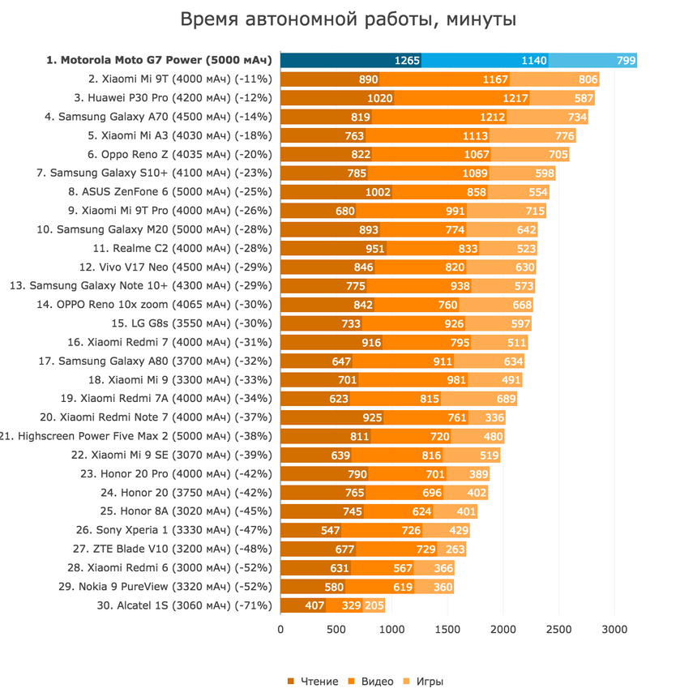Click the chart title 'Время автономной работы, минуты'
point(348,19)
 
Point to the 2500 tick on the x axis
point(558,628)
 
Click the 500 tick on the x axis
point(336,628)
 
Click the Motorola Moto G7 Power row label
point(160,60)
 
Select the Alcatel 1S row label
point(186,605)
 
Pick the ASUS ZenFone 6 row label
point(173,192)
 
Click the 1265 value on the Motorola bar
point(407,60)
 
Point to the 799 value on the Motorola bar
point(625,60)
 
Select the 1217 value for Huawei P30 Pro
point(515,98)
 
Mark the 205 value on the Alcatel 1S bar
point(374,605)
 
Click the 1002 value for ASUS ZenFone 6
point(378,192)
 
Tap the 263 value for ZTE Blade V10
point(455,549)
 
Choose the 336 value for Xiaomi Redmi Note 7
point(494,417)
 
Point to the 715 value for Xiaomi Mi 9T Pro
point(534,211)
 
